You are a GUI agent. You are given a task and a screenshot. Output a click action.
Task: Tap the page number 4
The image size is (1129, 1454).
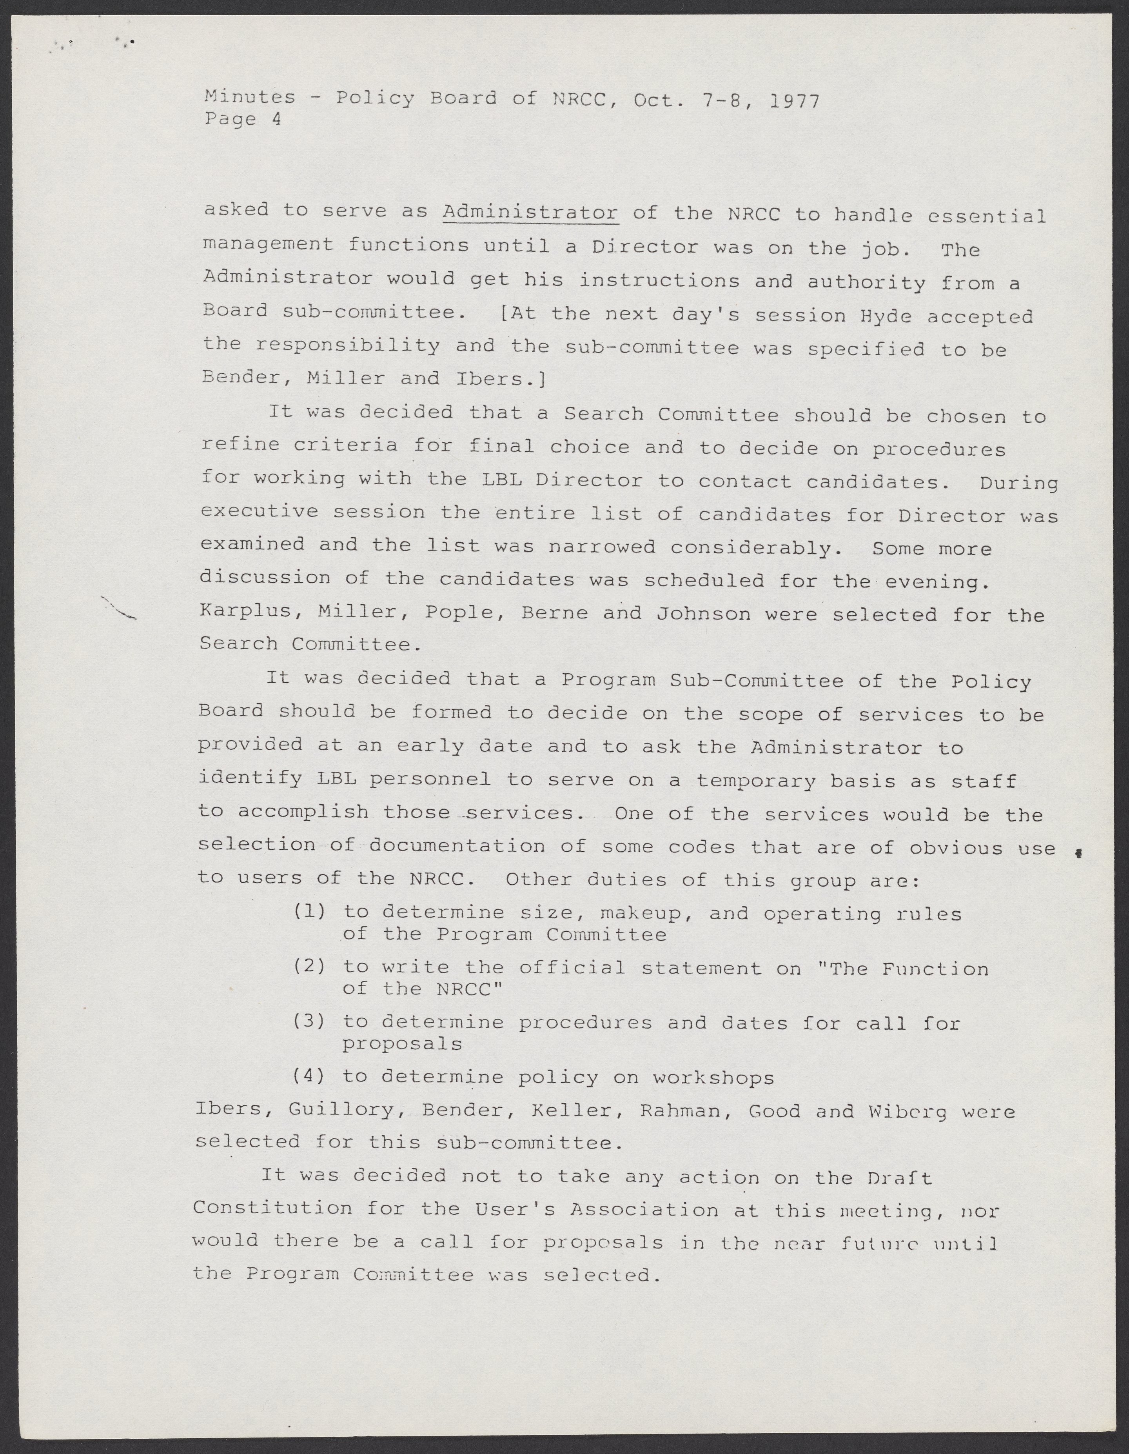(x=276, y=119)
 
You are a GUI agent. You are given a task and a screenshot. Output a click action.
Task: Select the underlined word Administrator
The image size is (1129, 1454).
(x=530, y=213)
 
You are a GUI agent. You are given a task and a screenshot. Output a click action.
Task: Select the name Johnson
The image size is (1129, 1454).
(x=703, y=613)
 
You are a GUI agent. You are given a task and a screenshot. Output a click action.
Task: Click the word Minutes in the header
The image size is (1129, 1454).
(x=250, y=97)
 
